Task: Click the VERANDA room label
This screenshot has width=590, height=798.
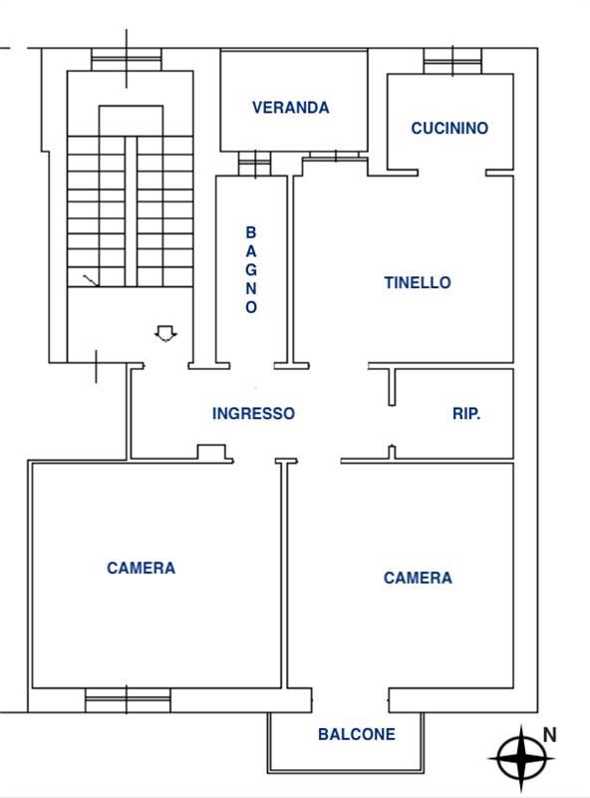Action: click(290, 108)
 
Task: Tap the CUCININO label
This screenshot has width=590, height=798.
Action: click(449, 128)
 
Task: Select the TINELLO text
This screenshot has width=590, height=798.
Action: click(418, 282)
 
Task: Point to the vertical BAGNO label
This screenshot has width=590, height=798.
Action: click(251, 269)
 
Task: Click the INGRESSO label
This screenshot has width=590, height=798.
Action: click(253, 413)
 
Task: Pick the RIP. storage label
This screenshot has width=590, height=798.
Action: click(466, 414)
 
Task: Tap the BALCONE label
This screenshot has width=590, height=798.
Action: click(357, 734)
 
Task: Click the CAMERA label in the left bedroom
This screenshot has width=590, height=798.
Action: click(141, 568)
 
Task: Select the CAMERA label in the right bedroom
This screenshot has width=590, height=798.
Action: click(418, 578)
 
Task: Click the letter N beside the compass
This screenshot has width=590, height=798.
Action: click(550, 735)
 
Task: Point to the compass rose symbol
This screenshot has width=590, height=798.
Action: click(522, 758)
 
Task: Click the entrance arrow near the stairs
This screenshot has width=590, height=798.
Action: click(165, 333)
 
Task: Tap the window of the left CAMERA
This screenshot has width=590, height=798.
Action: click(128, 700)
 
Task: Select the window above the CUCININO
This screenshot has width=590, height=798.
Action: click(452, 61)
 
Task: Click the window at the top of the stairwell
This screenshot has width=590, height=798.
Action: click(127, 59)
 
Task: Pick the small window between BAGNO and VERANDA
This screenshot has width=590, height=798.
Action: click(255, 164)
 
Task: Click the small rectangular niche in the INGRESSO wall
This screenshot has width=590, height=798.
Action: click(211, 452)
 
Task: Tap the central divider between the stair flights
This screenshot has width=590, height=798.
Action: click(131, 211)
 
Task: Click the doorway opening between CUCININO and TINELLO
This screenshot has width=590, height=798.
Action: click(451, 173)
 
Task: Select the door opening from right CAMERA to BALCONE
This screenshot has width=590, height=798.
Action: click(351, 700)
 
